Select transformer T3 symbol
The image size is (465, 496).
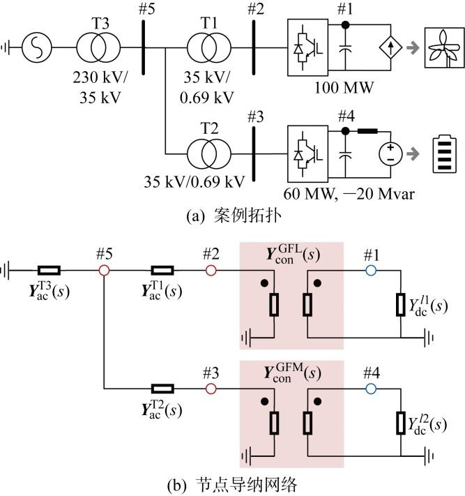pyautogui.click(x=98, y=47)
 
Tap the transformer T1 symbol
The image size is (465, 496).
pyautogui.click(x=209, y=47)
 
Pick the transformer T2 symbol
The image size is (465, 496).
pyautogui.click(x=209, y=154)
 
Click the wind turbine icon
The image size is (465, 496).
pyautogui.click(x=444, y=47)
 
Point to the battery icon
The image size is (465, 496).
pyautogui.click(x=445, y=154)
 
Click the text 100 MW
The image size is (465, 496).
pyautogui.click(x=344, y=88)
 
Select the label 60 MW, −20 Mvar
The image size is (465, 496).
pyautogui.click(x=349, y=194)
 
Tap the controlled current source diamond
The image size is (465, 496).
pyautogui.click(x=390, y=47)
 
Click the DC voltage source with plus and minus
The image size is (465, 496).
pyautogui.click(x=390, y=153)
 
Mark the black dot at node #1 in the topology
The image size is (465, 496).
pyautogui.click(x=346, y=25)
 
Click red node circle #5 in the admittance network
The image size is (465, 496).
pyautogui.click(x=104, y=271)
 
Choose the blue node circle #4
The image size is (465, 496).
pyautogui.click(x=371, y=389)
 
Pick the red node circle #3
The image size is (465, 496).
pyautogui.click(x=211, y=389)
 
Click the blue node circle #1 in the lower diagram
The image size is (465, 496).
pyautogui.click(x=371, y=271)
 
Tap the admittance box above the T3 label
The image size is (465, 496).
pyautogui.click(x=49, y=271)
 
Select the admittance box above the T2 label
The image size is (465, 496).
pyautogui.click(x=162, y=389)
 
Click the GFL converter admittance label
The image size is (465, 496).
pyautogui.click(x=293, y=254)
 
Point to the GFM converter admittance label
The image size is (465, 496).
pyautogui.click(x=292, y=373)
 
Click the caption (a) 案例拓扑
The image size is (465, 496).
pyautogui.click(x=234, y=216)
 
